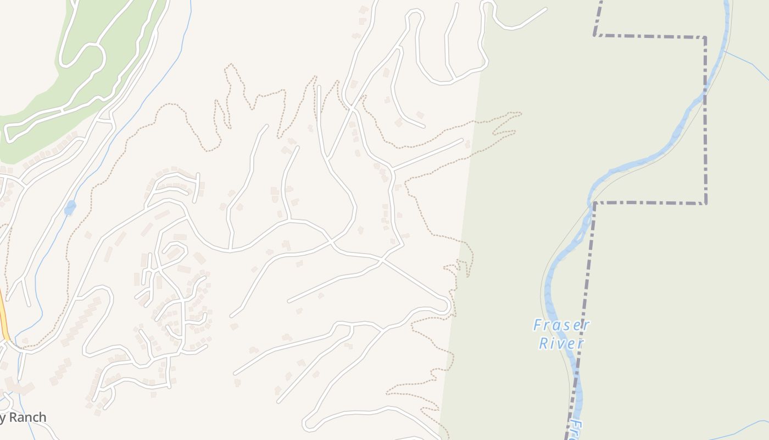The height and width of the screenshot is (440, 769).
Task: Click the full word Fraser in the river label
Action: click(561, 325)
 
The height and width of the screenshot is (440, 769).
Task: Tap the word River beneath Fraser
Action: click(561, 344)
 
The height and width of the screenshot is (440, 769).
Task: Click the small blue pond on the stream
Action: click(70, 207)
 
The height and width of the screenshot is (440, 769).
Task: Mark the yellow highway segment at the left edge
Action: click(4, 322)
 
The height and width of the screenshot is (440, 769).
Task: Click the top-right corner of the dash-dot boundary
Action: click(705, 37)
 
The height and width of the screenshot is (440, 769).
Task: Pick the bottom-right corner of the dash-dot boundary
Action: click(705, 203)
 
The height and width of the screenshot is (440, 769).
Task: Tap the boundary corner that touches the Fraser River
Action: click(594, 203)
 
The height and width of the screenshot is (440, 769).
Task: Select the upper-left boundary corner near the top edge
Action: click(595, 35)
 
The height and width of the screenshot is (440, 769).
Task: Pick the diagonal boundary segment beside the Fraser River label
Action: click(583, 308)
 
